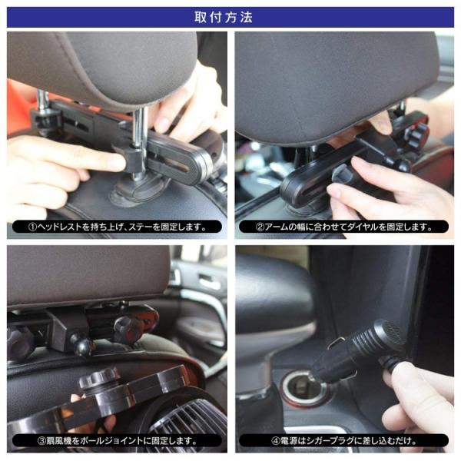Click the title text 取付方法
pyautogui.click(x=230, y=16)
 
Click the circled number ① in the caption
pyautogui.click(x=33, y=227)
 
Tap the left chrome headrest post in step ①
pyautogui.click(x=43, y=100)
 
